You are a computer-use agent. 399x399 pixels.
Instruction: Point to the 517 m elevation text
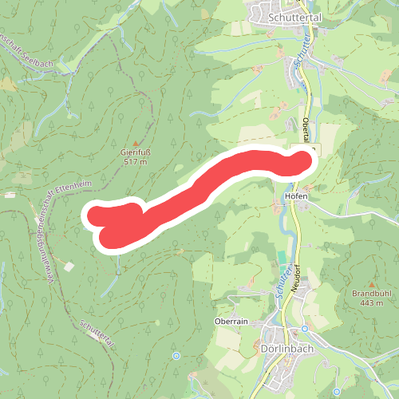pos(136,162)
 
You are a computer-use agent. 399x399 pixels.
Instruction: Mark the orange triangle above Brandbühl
pos(372,283)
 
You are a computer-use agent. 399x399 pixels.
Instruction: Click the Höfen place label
pos(296,196)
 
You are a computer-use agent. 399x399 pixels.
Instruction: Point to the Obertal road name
pos(308,131)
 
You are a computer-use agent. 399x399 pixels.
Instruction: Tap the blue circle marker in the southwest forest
pos(176,356)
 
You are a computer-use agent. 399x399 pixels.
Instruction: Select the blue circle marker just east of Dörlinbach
pos(304,329)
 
